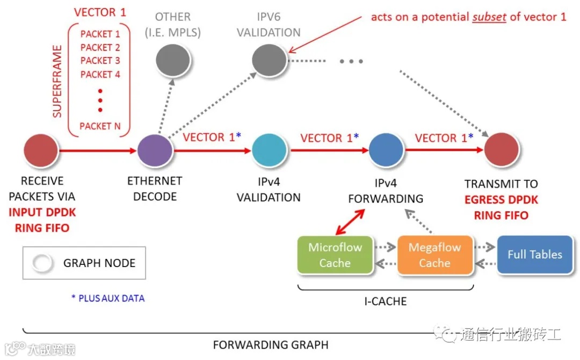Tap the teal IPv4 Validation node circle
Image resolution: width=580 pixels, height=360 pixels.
point(269,151)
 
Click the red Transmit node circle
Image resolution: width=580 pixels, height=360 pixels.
point(502,151)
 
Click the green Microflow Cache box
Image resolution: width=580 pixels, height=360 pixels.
point(335,255)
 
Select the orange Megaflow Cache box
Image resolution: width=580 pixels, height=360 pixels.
point(435,255)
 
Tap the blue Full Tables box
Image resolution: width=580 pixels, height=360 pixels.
point(535,255)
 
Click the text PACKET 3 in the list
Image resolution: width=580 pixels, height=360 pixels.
point(100,61)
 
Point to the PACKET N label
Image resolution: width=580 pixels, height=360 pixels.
point(100,126)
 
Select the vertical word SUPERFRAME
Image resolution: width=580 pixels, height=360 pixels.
point(57,81)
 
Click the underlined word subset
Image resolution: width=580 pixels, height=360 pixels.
point(490,17)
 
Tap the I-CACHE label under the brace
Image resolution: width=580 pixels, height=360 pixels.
point(385,301)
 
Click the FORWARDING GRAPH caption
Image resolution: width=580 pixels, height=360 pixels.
point(270,344)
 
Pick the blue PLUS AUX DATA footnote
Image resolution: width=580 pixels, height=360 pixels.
point(108,298)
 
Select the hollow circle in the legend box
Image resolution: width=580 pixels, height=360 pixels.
point(42,263)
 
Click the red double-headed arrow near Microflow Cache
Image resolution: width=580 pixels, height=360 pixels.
point(350,222)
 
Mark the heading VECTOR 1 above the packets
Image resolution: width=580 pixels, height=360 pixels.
point(100,12)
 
